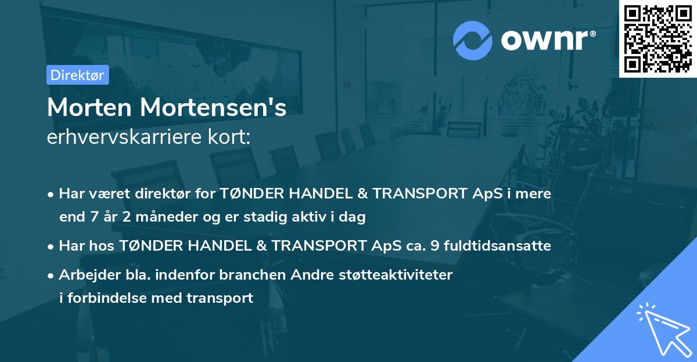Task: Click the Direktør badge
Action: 77,75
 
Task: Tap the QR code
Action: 658,38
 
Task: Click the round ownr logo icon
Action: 473,40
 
